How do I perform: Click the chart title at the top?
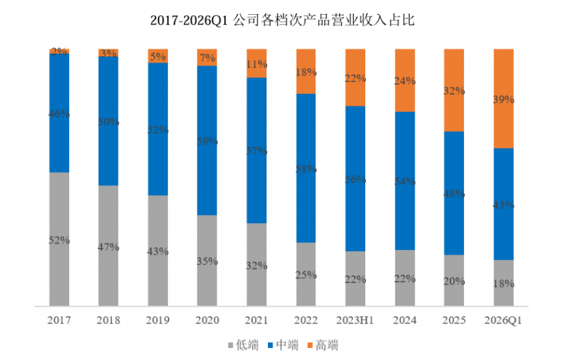point(282,20)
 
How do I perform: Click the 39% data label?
point(503,100)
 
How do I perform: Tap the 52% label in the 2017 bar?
point(59,240)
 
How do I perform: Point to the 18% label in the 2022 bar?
point(305,72)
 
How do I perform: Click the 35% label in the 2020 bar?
point(207,261)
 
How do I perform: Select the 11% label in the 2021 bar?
point(256,64)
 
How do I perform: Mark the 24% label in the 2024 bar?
point(404,81)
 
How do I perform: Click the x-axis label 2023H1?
point(355,321)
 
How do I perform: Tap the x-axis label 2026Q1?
point(503,321)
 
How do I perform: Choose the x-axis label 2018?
point(109,321)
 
